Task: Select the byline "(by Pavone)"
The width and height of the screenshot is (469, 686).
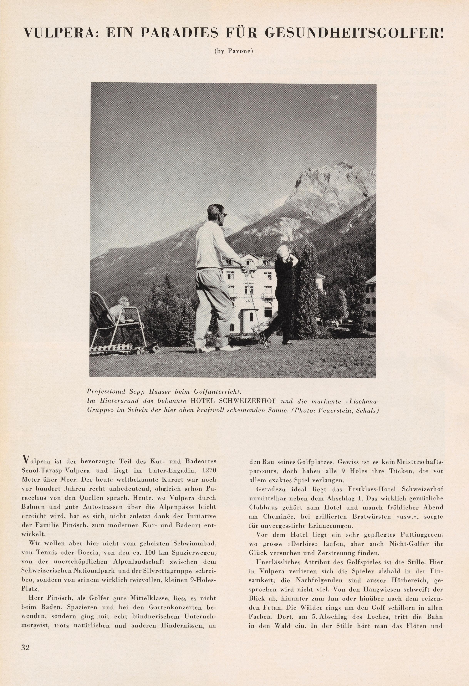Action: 234,51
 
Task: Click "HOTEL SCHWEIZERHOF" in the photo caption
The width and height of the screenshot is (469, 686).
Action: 233,402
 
